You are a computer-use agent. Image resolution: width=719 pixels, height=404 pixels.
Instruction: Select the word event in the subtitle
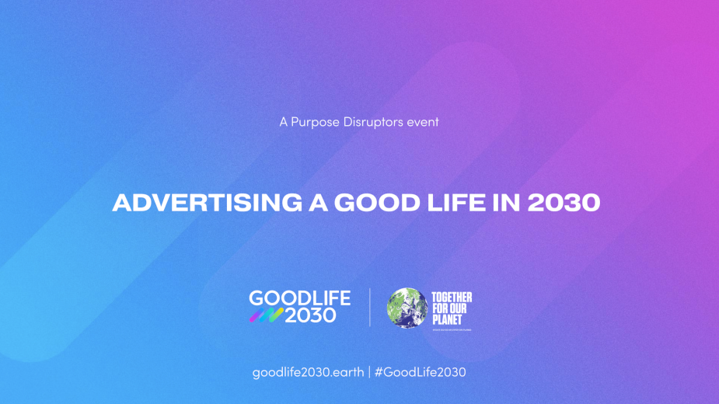pos(423,122)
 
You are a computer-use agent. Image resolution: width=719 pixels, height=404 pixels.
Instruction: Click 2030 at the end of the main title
pos(567,203)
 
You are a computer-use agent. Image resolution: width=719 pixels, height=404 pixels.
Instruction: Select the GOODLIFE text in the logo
pos(299,298)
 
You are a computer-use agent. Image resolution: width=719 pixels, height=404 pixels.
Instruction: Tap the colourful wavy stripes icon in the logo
pos(266,315)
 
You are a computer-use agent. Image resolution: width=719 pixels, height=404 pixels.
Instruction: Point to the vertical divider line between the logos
pos(369,307)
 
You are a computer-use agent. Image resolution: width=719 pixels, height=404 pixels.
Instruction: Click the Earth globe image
pos(408,308)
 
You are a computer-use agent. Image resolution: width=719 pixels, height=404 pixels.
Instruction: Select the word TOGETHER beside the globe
pos(452,298)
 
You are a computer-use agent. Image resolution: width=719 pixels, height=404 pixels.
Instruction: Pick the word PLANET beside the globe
pos(448,319)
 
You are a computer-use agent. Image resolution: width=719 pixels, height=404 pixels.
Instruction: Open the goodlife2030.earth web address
pos(308,372)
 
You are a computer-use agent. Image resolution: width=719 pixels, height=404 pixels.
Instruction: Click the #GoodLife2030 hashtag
pos(420,372)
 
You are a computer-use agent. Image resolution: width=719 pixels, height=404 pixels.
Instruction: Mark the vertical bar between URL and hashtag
pos(368,372)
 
